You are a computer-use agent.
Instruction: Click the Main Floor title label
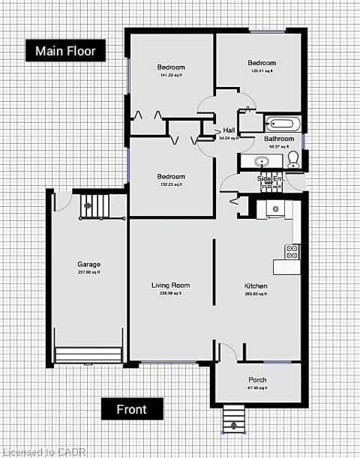pyautogui.click(x=66, y=51)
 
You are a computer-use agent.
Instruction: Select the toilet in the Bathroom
pyautogui.click(x=293, y=158)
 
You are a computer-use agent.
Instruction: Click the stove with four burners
pyautogui.click(x=292, y=251)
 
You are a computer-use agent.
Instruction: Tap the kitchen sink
pyautogui.click(x=275, y=208)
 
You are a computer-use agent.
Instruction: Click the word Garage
pyautogui.click(x=88, y=265)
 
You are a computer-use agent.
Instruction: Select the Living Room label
pyautogui.click(x=170, y=286)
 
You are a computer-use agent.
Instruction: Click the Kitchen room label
pyautogui.click(x=256, y=286)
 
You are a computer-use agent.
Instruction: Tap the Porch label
pyautogui.click(x=257, y=380)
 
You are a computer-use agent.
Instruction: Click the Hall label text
pyautogui.click(x=229, y=130)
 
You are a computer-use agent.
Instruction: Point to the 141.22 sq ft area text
pyautogui.click(x=171, y=76)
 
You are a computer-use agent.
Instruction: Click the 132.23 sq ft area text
pyautogui.click(x=171, y=185)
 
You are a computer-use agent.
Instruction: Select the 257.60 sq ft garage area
pyautogui.click(x=88, y=273)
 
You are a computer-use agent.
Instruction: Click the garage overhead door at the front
pyautogui.click(x=88, y=355)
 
